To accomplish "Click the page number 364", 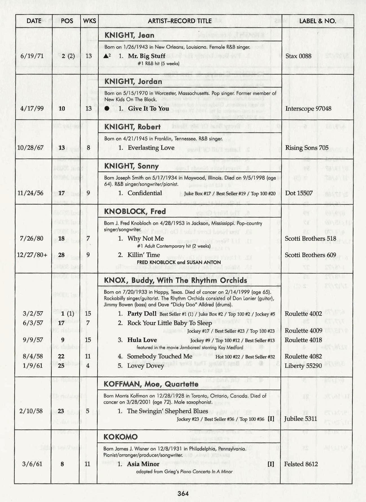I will point(183,493).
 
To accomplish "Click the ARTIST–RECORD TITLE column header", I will point(179,21).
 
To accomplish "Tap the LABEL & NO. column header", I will point(318,21).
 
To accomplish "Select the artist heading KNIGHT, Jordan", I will point(133,81).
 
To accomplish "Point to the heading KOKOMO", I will point(121,437).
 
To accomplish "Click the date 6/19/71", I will point(32,56).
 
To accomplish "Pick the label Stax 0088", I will point(298,56).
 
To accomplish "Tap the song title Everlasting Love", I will point(151,148).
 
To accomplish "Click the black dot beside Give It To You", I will point(107,109).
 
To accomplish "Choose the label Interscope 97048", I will point(308,109).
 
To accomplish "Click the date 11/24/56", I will point(30,193).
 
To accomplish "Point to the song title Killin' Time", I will point(144,255).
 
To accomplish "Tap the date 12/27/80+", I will point(32,255).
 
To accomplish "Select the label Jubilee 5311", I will point(301,419).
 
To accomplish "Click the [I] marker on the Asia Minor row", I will point(271,464).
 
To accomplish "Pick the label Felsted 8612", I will point(301,464).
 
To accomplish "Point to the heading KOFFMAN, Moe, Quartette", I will point(151,384).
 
